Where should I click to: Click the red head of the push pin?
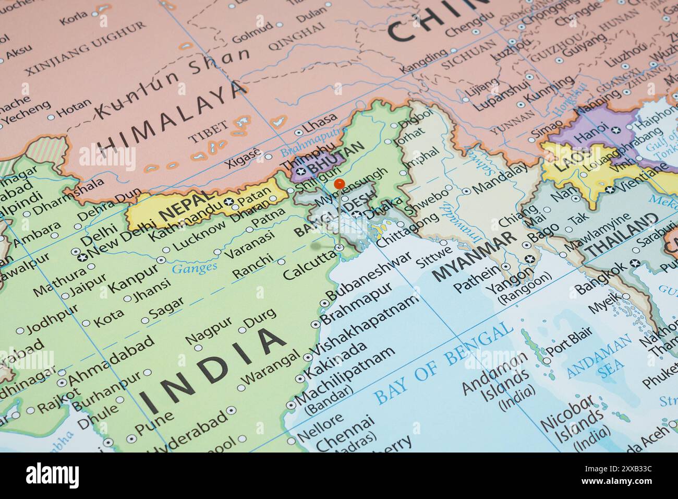pyautogui.click(x=339, y=184)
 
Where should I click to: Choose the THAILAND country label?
pyautogui.click(x=621, y=237)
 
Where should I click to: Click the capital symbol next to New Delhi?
pyautogui.click(x=81, y=257)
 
